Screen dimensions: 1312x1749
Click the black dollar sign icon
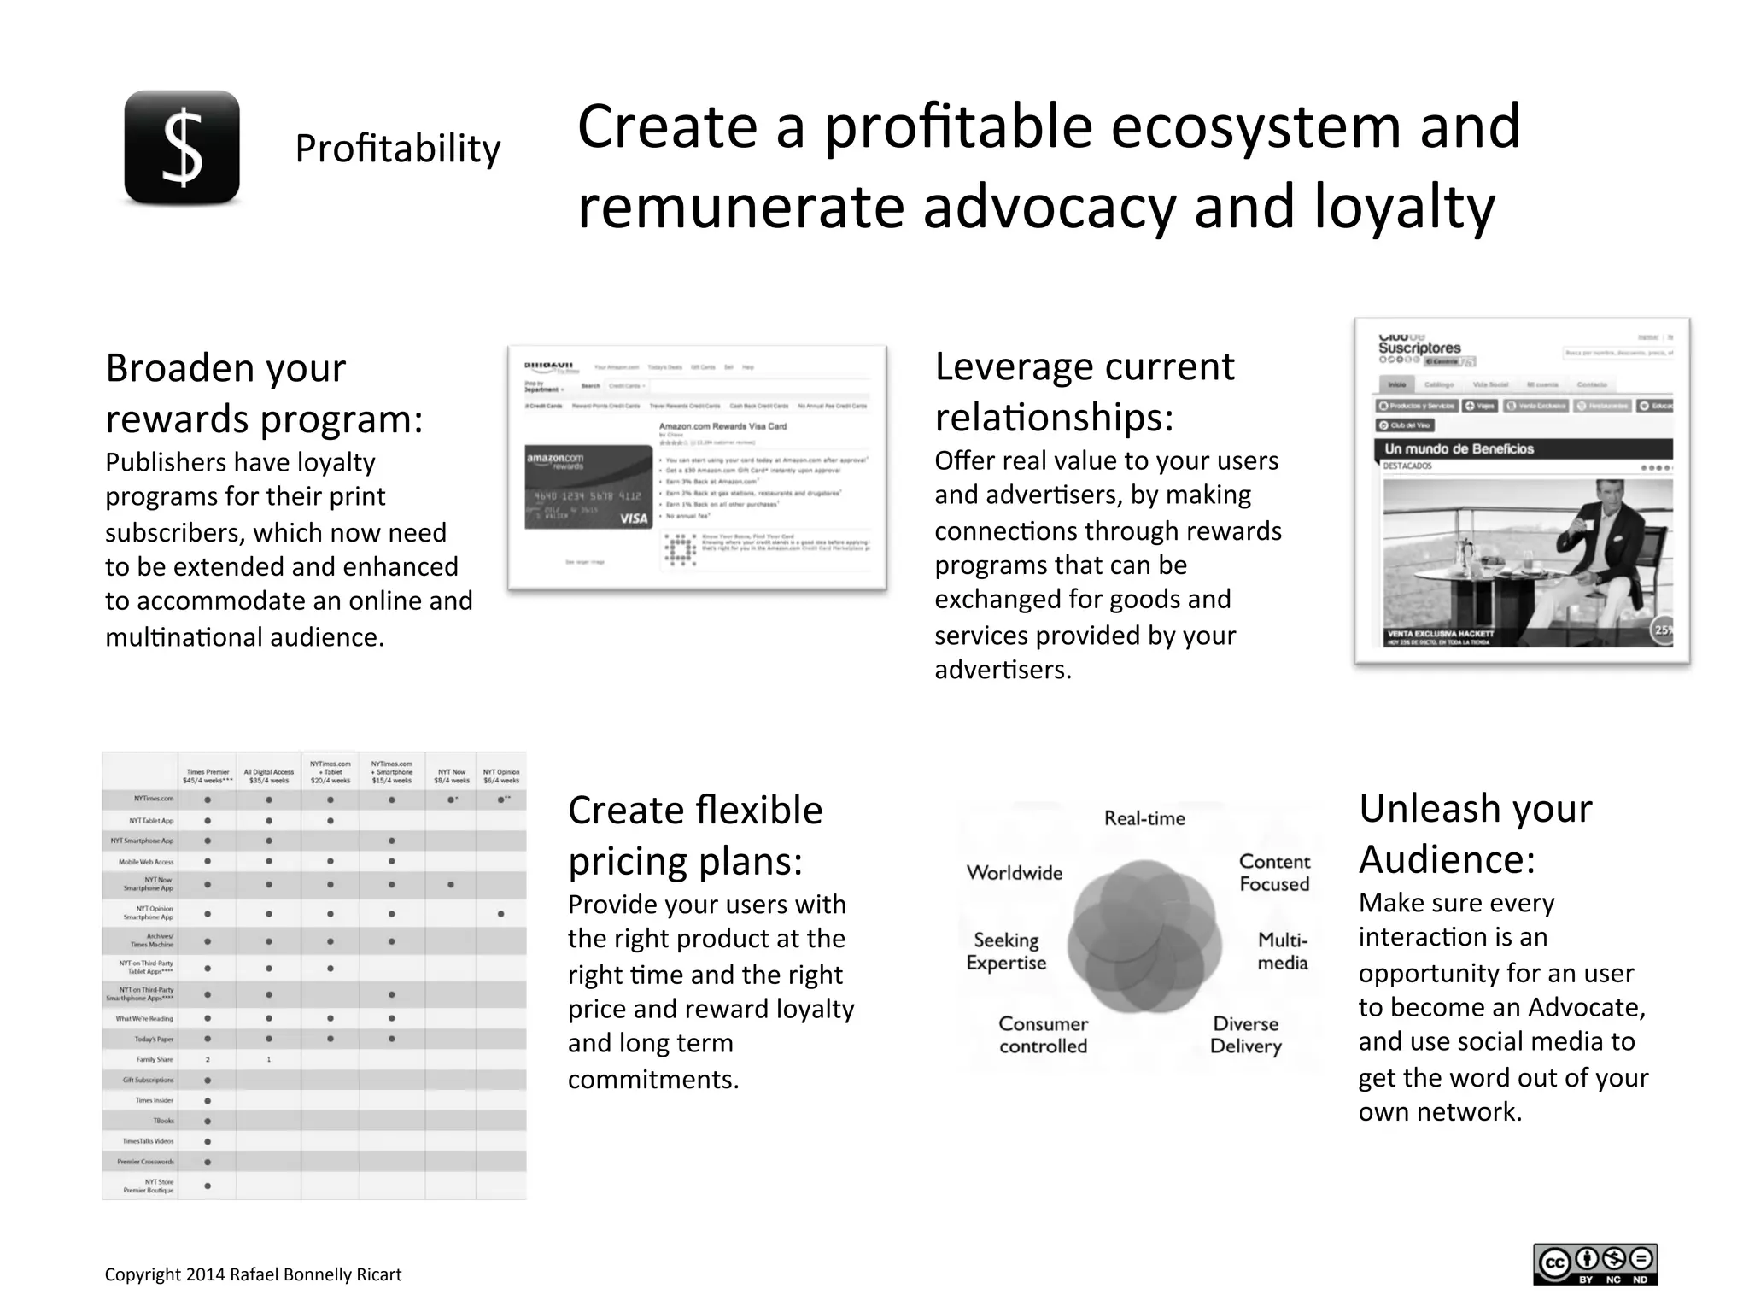tap(182, 148)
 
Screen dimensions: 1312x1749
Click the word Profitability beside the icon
tap(397, 149)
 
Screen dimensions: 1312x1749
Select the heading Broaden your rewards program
tap(264, 393)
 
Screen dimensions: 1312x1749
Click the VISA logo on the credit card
tap(633, 518)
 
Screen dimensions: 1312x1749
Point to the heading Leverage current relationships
tap(1084, 391)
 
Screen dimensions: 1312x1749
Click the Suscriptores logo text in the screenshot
tap(1419, 348)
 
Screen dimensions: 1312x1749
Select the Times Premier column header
tap(208, 776)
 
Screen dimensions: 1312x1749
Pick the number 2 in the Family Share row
tap(208, 1059)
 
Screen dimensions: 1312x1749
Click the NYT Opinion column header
tap(501, 776)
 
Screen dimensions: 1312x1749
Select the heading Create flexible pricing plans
tap(694, 835)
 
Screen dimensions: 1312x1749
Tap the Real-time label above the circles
tap(1144, 818)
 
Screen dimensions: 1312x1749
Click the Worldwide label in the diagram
tap(1015, 873)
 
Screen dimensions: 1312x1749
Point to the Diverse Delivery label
tap(1245, 1034)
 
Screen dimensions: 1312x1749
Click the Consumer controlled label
tap(1043, 1034)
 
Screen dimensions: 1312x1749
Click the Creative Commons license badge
tap(1594, 1264)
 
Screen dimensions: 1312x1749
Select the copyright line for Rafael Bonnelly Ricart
tap(253, 1274)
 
